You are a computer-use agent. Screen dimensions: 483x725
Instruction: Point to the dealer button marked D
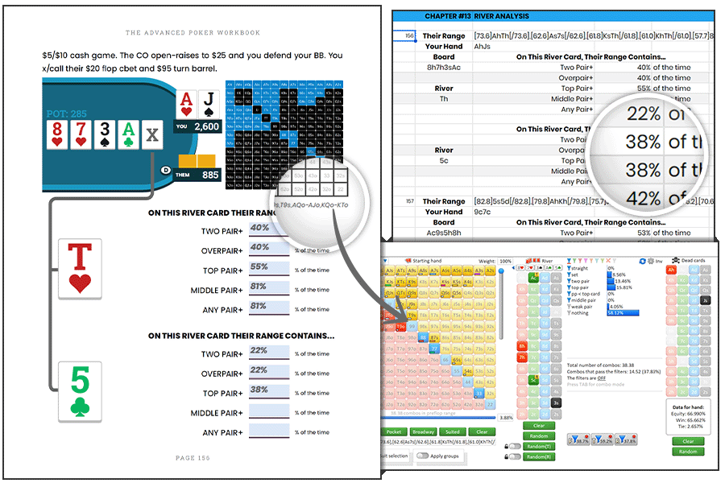(166, 169)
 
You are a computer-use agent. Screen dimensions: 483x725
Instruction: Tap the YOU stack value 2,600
(206, 126)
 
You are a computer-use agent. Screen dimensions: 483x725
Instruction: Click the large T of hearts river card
(80, 268)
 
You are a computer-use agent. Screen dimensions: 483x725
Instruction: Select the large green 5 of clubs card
(80, 391)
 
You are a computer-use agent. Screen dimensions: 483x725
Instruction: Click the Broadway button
(424, 432)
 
